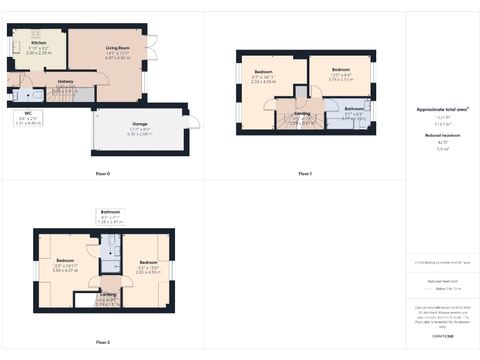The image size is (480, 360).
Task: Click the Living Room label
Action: [117, 47]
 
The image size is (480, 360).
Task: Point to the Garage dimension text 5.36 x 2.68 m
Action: [140, 134]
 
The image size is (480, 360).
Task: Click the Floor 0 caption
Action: [102, 173]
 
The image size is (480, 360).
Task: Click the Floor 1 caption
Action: [304, 173]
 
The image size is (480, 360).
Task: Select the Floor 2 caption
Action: [102, 342]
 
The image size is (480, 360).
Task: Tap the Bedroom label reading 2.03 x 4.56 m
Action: [263, 81]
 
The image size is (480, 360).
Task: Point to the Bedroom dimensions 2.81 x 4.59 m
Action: [148, 272]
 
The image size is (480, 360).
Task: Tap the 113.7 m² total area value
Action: [442, 124]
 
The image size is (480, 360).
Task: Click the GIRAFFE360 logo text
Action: [442, 336]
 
